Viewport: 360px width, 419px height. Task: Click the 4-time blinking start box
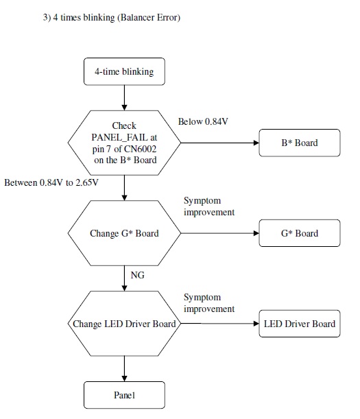tap(124, 71)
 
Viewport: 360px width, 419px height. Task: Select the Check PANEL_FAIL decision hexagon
tap(124, 143)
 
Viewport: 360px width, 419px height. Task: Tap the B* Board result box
tap(299, 143)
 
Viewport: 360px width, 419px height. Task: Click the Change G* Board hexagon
tap(124, 233)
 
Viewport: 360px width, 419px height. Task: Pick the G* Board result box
tap(299, 233)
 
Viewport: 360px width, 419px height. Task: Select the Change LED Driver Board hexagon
tap(124, 324)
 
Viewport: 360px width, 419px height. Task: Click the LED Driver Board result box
tap(299, 324)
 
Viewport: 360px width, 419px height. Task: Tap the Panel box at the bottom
tap(124, 396)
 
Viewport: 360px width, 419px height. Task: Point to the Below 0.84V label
tap(203, 122)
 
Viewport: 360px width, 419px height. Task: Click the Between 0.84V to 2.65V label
tap(51, 183)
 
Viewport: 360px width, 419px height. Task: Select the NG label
tap(137, 274)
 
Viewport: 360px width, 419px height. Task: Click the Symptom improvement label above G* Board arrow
tap(209, 206)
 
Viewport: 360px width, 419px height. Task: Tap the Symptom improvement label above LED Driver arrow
tap(209, 302)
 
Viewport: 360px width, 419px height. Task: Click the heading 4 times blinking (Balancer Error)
tap(111, 18)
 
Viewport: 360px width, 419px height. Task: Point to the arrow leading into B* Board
tap(219, 143)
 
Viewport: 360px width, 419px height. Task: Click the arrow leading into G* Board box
tap(219, 233)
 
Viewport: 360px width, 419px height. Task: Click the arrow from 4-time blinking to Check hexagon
tap(124, 97)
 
